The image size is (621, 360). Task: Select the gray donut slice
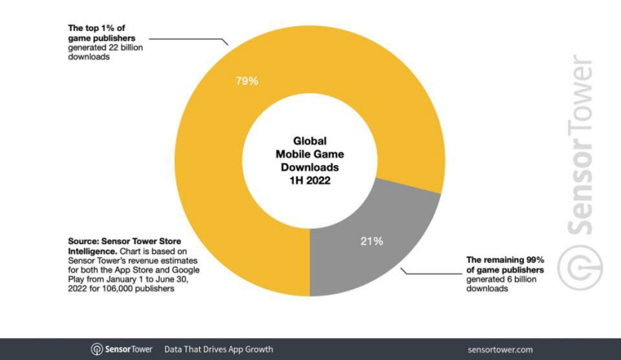pos(356,250)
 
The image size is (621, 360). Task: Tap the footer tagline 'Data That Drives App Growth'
pos(218,349)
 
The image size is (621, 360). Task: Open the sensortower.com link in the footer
pos(499,349)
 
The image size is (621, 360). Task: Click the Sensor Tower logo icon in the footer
pos(97,349)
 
